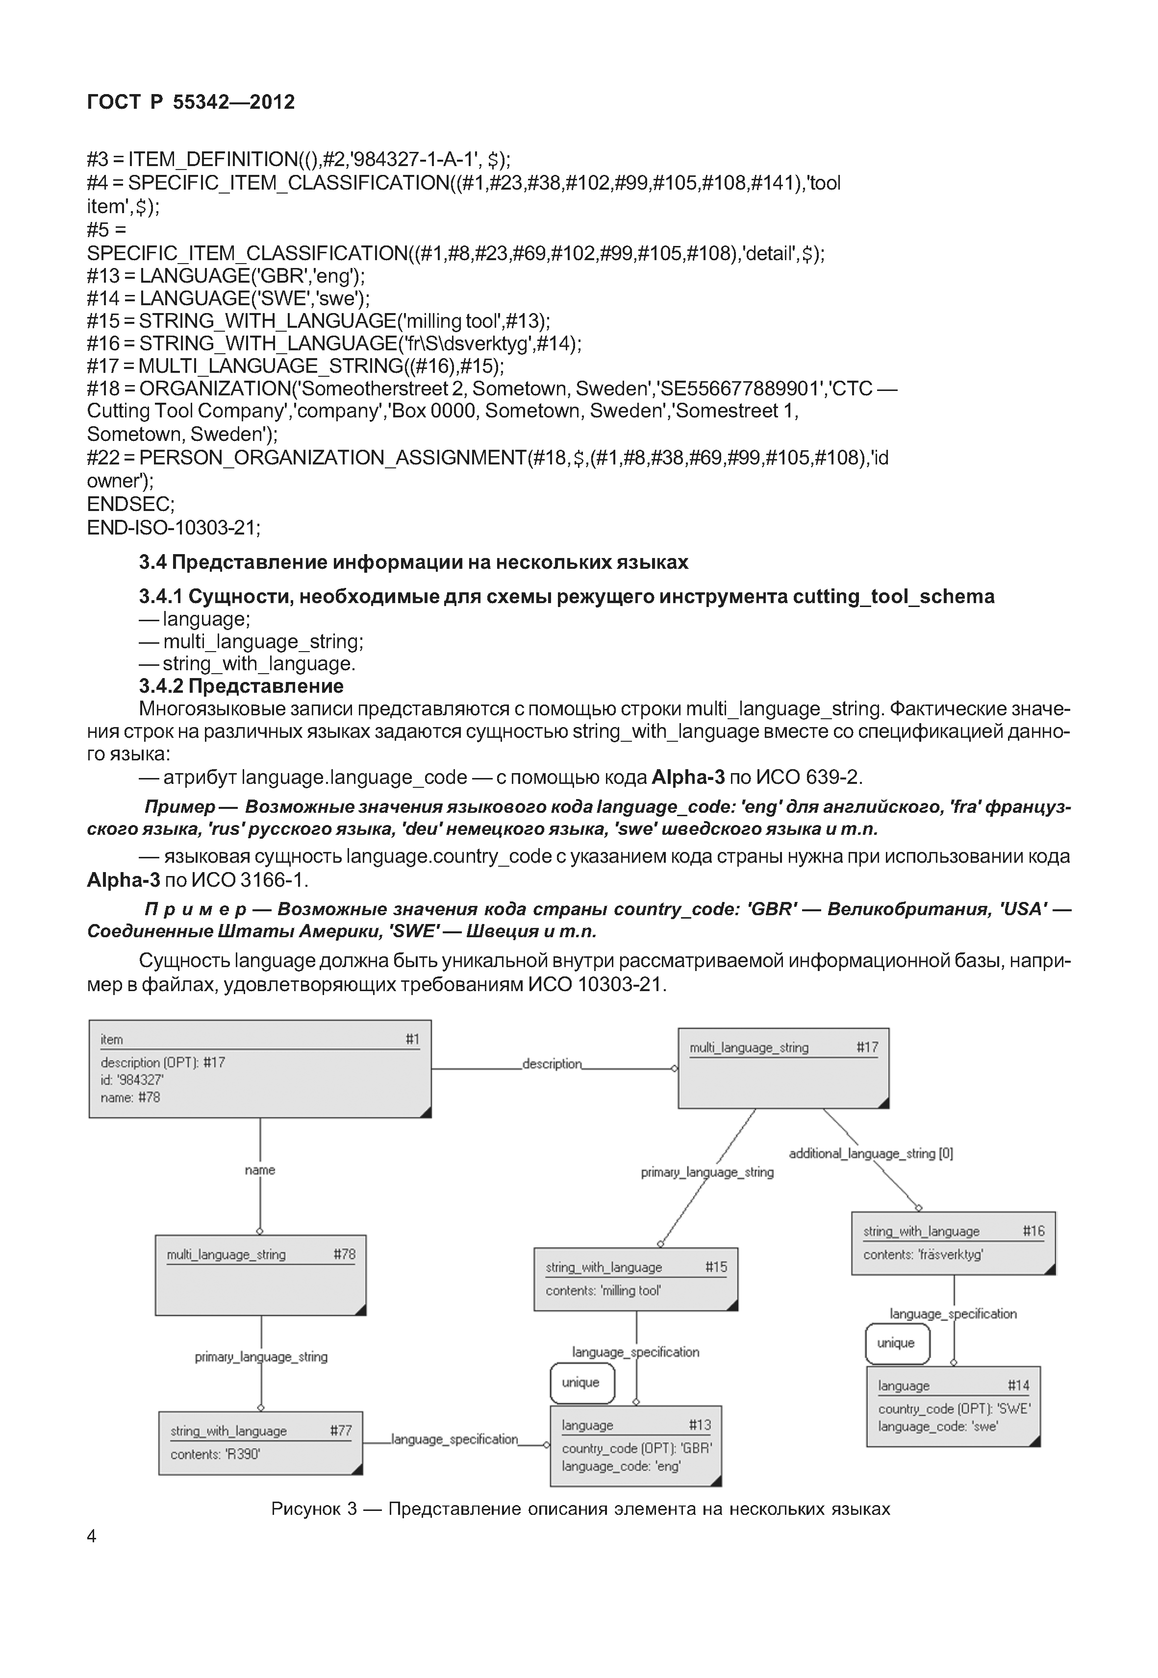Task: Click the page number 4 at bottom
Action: pyautogui.click(x=91, y=1536)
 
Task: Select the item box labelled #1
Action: pyautogui.click(x=260, y=1069)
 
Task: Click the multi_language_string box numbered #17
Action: pyautogui.click(x=783, y=1068)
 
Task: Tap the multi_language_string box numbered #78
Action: pyautogui.click(x=260, y=1275)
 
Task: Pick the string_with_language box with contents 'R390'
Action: pyautogui.click(x=260, y=1442)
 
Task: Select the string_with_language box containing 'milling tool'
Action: pyautogui.click(x=635, y=1278)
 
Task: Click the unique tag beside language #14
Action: pyautogui.click(x=897, y=1343)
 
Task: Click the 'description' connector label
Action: pyautogui.click(x=552, y=1064)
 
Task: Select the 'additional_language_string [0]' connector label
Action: pyautogui.click(x=871, y=1153)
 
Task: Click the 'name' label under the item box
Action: pyautogui.click(x=260, y=1169)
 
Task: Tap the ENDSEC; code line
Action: pyautogui.click(x=130, y=504)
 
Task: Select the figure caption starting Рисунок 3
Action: pyautogui.click(x=580, y=1509)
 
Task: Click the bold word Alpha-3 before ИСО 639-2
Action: pyautogui.click(x=688, y=778)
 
